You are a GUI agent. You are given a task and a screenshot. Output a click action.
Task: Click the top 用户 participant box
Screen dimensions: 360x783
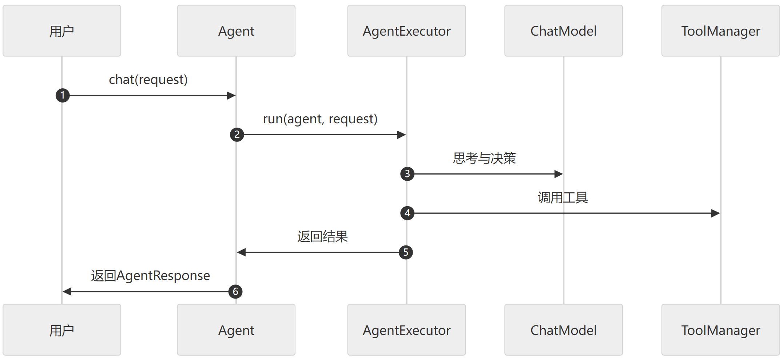[62, 31]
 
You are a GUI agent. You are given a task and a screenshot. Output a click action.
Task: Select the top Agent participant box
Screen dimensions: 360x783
[236, 31]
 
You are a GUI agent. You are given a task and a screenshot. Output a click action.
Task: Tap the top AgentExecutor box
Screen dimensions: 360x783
[406, 31]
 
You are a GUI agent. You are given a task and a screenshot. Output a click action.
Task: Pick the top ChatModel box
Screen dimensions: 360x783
[564, 31]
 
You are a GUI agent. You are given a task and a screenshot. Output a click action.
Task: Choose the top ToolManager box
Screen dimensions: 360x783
[720, 31]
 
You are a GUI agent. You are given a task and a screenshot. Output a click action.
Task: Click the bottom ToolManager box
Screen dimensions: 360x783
[720, 330]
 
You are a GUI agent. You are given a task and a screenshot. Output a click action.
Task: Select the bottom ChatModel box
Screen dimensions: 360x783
[564, 330]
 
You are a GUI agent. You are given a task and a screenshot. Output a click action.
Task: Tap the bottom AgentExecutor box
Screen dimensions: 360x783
[406, 330]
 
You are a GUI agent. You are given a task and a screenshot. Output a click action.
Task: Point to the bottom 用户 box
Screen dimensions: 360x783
[62, 330]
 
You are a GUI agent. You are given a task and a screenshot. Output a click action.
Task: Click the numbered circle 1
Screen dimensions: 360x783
[63, 95]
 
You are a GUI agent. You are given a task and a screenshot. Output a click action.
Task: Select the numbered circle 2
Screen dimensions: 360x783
[237, 135]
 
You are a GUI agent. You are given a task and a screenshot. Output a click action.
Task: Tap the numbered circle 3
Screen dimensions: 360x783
[407, 174]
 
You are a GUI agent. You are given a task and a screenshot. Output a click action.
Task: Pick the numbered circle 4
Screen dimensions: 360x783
[407, 213]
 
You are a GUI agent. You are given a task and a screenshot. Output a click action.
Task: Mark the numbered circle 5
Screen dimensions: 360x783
[406, 252]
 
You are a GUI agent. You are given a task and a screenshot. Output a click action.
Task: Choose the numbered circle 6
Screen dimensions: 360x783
[235, 292]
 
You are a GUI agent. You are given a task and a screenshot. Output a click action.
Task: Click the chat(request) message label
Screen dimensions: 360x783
[148, 80]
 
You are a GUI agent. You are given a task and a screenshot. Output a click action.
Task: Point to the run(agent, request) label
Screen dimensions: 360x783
[320, 119]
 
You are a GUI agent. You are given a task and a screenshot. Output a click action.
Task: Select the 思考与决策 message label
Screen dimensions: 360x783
[484, 158]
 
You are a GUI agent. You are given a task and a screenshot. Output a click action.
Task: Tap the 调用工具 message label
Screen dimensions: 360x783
[563, 197]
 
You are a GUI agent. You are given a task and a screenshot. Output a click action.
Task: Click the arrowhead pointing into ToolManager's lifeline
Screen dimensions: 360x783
[715, 213]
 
